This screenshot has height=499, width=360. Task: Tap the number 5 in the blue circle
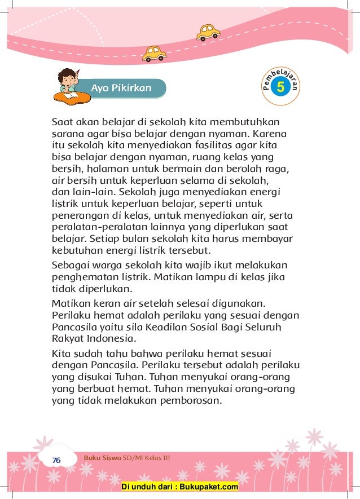280,87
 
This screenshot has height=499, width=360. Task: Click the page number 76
56,460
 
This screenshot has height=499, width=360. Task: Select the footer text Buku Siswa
102,458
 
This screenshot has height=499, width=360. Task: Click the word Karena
270,135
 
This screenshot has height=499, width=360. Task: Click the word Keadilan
168,327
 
